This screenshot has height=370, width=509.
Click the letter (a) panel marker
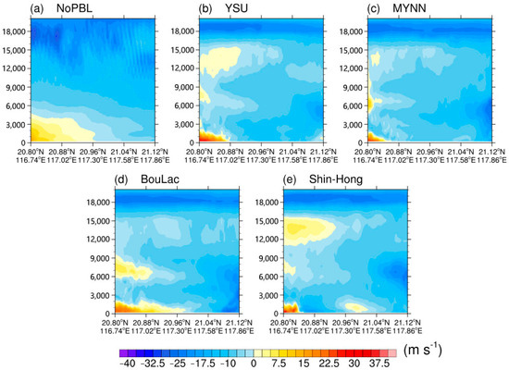click(x=13, y=9)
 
